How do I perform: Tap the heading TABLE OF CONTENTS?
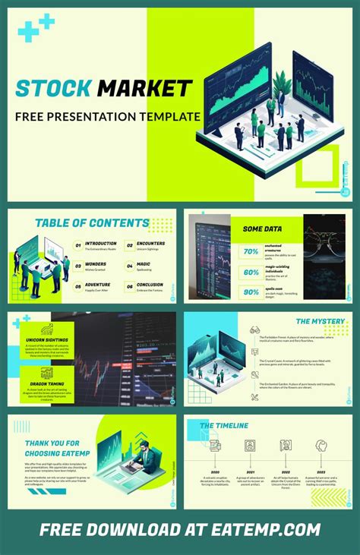tap(92, 223)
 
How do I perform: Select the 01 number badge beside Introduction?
tap(77, 246)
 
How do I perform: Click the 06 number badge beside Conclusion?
tap(129, 286)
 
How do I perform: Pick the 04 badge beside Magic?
tap(129, 266)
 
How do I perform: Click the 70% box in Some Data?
tap(251, 251)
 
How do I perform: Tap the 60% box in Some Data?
tap(251, 272)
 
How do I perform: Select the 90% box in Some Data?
tap(251, 292)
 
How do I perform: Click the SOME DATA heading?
tap(263, 229)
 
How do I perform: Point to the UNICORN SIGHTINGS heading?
tap(47, 339)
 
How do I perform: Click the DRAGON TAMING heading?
tap(47, 384)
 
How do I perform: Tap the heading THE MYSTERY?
tap(321, 321)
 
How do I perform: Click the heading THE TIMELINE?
tap(224, 426)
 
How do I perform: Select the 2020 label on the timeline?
tap(215, 471)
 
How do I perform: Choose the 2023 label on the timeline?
tap(321, 471)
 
